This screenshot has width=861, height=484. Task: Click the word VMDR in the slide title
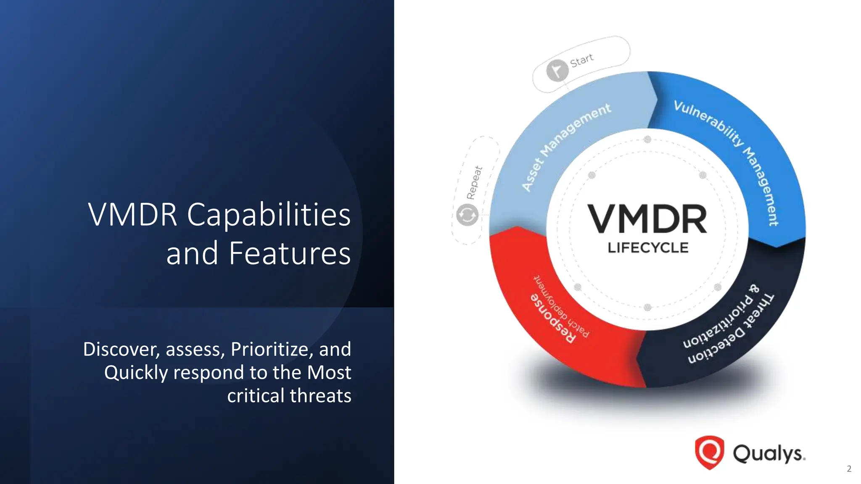[132, 215]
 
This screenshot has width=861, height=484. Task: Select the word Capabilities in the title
[269, 215]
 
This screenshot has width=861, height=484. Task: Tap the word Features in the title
[290, 253]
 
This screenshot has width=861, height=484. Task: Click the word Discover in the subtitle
[121, 349]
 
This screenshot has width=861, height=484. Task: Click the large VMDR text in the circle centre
[647, 219]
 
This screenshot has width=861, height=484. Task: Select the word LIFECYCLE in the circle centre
[648, 248]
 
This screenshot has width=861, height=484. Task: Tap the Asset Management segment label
[565, 147]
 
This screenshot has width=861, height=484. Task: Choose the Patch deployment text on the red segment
[562, 306]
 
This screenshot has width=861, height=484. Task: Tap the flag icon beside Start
[557, 70]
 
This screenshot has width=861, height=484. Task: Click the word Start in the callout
[582, 60]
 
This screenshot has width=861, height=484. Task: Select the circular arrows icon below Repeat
[467, 215]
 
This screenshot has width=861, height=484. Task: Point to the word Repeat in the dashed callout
[474, 183]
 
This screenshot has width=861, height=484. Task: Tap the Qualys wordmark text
[769, 454]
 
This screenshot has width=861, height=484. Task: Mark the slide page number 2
[849, 469]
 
